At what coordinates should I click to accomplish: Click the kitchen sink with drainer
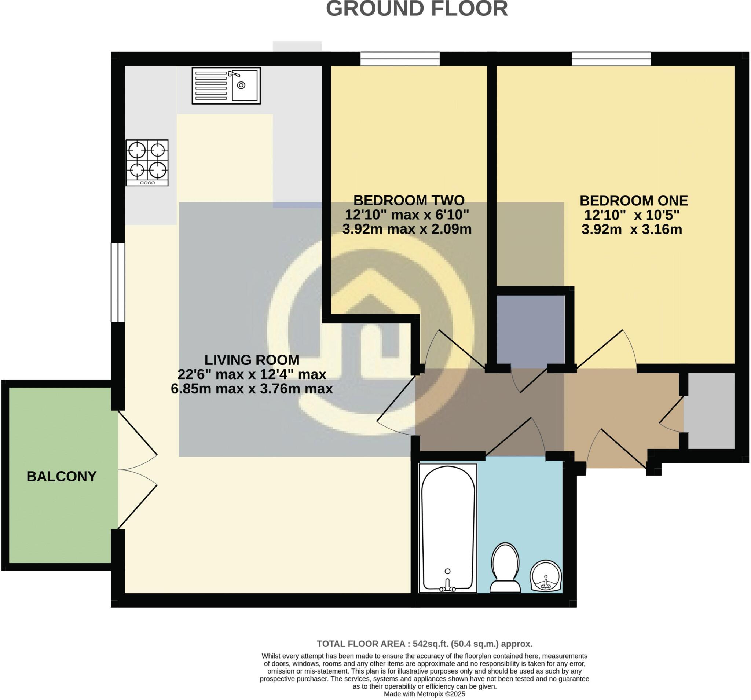click(226, 85)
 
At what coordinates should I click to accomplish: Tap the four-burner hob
click(147, 162)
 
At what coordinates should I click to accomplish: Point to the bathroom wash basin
click(546, 576)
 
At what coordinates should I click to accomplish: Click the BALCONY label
click(61, 476)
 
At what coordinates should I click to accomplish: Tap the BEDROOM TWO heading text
click(409, 200)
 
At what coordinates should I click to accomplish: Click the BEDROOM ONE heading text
click(634, 200)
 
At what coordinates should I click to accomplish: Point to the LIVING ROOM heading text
click(252, 360)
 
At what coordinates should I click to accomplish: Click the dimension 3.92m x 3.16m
click(631, 229)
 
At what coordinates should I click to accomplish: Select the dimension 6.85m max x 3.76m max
click(252, 388)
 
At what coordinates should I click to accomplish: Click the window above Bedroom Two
click(400, 59)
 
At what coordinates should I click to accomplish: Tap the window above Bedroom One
click(611, 59)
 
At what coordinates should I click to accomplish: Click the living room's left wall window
click(117, 282)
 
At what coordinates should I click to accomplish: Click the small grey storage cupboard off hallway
click(709, 411)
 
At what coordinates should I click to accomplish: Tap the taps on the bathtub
click(448, 588)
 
